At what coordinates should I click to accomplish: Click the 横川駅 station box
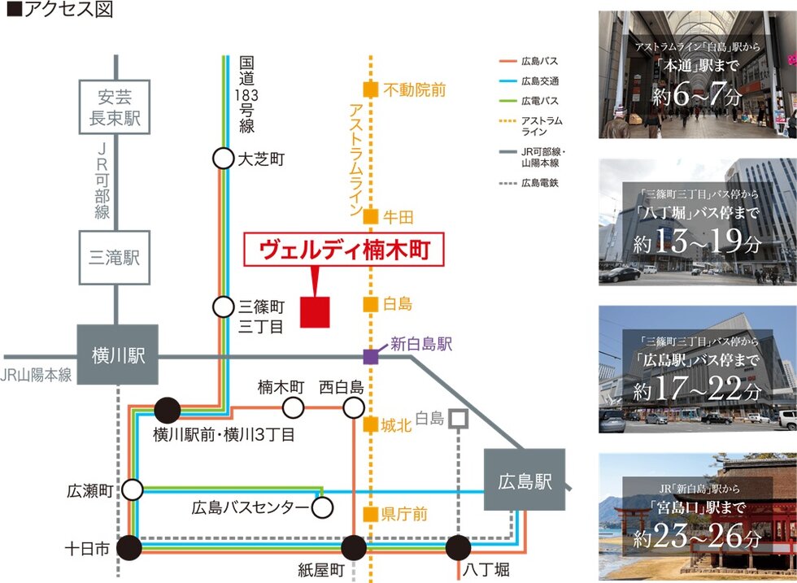[118, 355]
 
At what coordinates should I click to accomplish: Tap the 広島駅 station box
[525, 481]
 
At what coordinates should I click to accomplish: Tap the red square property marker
[315, 312]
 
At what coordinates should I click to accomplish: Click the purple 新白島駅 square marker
[370, 355]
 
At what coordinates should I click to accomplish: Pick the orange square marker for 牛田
[370, 216]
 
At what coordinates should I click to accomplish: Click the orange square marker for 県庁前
[370, 514]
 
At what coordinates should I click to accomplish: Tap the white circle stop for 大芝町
[223, 159]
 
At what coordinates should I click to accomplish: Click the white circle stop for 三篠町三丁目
[223, 307]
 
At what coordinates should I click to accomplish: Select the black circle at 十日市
[129, 548]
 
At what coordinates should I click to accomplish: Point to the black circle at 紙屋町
[354, 548]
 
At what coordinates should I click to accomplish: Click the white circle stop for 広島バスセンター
[323, 508]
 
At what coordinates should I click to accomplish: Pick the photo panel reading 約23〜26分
[697, 514]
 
